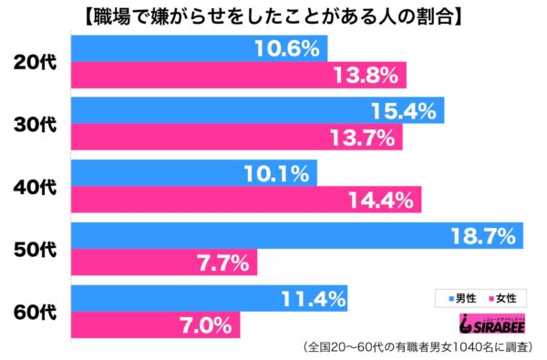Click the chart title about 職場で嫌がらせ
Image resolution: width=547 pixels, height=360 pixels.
(x=273, y=15)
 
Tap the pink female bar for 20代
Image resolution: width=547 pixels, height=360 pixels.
(x=238, y=75)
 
